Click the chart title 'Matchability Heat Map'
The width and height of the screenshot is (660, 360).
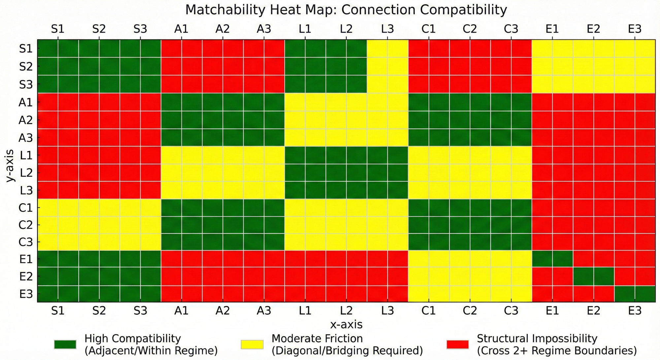(x=346, y=10)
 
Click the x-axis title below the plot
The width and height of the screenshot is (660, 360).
(x=346, y=325)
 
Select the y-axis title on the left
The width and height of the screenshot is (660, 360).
(x=11, y=165)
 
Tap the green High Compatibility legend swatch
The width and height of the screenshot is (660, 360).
(x=65, y=344)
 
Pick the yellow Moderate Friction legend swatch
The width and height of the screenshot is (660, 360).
(x=252, y=344)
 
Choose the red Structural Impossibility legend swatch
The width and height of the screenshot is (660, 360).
(x=457, y=344)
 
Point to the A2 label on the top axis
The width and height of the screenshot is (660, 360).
(x=222, y=29)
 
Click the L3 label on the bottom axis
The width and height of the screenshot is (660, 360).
(x=387, y=311)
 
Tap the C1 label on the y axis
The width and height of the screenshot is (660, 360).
(x=26, y=208)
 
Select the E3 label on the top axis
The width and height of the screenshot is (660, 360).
(x=635, y=29)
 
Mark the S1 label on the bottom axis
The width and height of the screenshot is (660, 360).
(x=58, y=311)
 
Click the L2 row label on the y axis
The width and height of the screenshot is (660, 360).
(x=26, y=173)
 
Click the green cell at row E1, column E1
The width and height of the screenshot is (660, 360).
(x=552, y=259)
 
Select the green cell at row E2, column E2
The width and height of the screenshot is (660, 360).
(x=593, y=276)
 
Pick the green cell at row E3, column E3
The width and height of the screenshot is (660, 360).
(x=635, y=294)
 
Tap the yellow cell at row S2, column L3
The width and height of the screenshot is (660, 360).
(x=387, y=66)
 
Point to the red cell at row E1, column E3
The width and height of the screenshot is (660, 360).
(x=635, y=259)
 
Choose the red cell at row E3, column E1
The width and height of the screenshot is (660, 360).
(x=552, y=294)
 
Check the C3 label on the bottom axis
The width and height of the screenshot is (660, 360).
(x=511, y=311)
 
